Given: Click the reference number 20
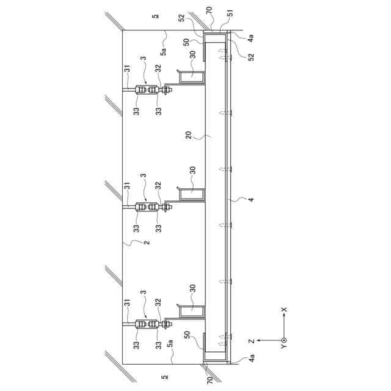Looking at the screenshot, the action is tap(189, 135).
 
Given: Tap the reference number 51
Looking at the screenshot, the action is tap(230, 13).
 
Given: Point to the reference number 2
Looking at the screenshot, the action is tap(147, 242).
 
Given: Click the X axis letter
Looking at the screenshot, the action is tap(283, 310).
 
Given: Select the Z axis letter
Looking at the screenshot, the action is tap(252, 341).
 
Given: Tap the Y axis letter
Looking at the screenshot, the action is tap(283, 347).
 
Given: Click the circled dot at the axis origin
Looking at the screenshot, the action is tap(283, 340).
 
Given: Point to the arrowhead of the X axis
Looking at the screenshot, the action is tap(283, 315).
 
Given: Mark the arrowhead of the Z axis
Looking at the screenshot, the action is tap(259, 340).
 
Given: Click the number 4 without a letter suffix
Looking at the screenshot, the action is tap(251, 200).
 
